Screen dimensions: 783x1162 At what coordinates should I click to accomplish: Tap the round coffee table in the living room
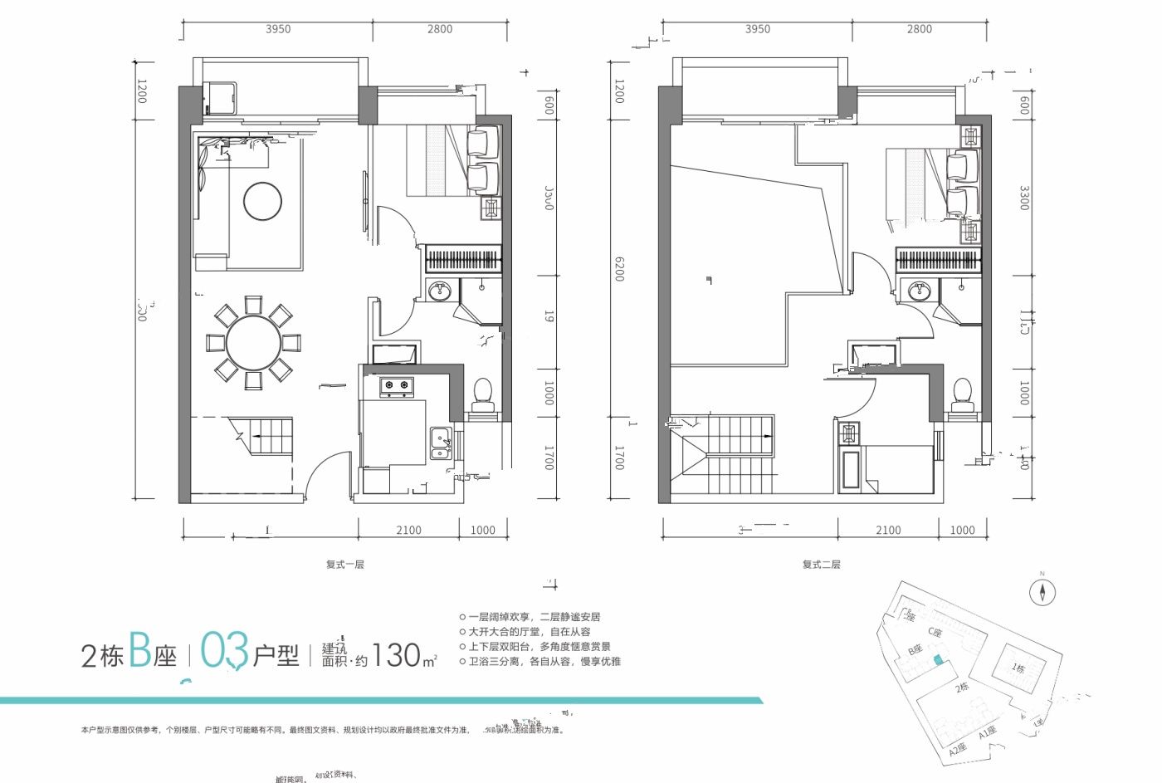point(262,201)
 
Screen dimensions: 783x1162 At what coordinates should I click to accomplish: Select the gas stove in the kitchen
point(397,385)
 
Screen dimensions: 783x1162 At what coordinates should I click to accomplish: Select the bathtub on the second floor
point(852,473)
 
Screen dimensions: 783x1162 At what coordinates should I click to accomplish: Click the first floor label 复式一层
point(344,565)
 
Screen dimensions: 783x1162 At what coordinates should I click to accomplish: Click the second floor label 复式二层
point(821,565)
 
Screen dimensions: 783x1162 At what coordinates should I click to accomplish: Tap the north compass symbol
point(1042,592)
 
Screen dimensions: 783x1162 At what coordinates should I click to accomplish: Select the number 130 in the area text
point(396,655)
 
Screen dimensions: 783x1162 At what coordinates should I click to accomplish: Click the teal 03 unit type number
point(224,652)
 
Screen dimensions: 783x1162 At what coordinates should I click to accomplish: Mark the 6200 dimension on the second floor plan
point(618,267)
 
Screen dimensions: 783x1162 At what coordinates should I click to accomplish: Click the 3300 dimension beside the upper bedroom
point(1024,198)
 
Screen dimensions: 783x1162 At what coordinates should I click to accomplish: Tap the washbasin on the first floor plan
point(439,291)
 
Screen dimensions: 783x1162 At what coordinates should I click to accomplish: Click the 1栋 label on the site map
point(1019,668)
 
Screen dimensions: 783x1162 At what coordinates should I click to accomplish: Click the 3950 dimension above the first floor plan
point(278,29)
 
